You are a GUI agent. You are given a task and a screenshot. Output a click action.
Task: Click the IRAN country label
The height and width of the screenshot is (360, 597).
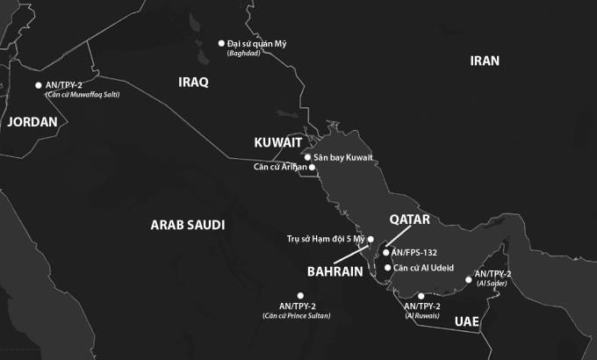485,61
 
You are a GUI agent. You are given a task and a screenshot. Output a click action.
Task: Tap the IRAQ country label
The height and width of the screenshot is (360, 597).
193,82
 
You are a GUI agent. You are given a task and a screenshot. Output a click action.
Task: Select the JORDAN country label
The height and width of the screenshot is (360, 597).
32,122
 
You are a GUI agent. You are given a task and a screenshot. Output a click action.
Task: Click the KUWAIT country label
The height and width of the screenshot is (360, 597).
278,142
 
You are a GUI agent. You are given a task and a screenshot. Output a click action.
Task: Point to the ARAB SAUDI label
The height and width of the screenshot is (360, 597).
188,225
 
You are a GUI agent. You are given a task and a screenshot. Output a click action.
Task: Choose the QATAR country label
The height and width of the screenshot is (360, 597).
409,220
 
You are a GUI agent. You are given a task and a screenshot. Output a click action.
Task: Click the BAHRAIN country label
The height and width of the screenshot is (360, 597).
335,271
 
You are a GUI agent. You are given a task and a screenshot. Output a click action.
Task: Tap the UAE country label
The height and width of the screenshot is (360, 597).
467,322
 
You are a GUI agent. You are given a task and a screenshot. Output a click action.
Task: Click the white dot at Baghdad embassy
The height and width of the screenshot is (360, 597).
221,43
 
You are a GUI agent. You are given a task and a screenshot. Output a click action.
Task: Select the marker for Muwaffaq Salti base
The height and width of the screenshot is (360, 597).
39,85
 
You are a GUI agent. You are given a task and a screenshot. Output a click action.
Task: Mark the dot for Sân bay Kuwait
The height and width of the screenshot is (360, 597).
307,157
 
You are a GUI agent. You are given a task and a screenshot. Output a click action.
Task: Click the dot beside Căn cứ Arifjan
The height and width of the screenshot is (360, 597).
312,167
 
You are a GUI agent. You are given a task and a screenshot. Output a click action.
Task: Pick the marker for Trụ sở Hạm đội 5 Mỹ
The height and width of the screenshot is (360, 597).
370,239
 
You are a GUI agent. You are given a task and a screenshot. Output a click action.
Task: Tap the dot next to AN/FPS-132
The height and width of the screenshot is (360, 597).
386,252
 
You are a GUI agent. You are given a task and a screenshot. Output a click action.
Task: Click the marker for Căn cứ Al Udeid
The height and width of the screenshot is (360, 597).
388,268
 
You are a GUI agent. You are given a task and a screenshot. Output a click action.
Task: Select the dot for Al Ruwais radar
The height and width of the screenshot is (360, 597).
421,296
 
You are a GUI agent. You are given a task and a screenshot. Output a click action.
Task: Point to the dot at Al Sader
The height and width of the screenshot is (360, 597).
469,280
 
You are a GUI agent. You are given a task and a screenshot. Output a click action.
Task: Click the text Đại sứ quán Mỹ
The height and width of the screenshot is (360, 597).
256,43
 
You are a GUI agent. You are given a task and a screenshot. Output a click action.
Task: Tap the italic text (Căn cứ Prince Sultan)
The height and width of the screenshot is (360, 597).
297,315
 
